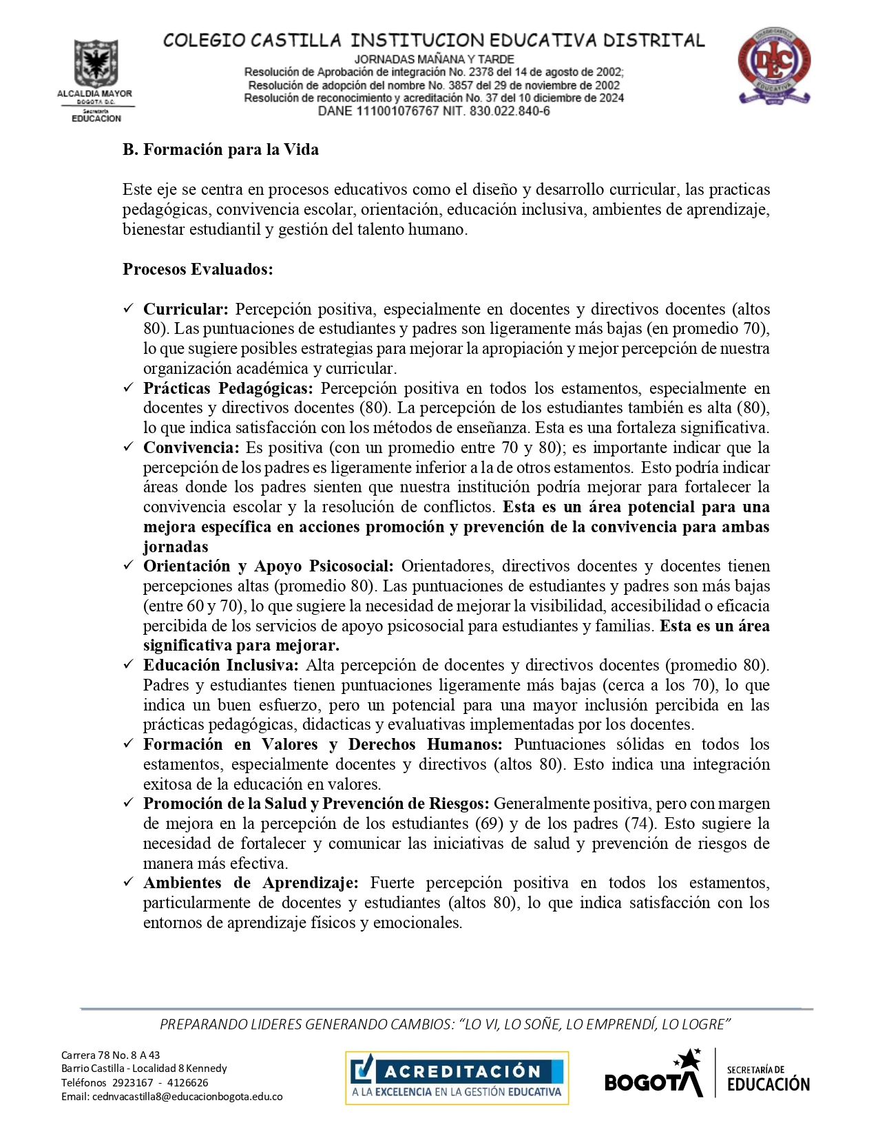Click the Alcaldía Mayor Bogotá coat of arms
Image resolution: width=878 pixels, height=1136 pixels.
pyautogui.click(x=96, y=63)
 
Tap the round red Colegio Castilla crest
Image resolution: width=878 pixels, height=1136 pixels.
pyautogui.click(x=774, y=65)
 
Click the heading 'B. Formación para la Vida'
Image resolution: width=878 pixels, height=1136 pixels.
pyautogui.click(x=220, y=149)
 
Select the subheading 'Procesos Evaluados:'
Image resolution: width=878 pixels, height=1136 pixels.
pyautogui.click(x=198, y=269)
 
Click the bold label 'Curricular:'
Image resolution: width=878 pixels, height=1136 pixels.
pyautogui.click(x=185, y=309)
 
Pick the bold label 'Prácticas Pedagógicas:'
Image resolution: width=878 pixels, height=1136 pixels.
pyautogui.click(x=228, y=388)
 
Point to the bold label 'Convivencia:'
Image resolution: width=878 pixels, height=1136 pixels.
pyautogui.click(x=191, y=448)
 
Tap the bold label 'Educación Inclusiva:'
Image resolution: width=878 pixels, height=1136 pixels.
pyautogui.click(x=220, y=665)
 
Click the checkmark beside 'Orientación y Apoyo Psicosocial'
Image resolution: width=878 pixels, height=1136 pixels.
pyautogui.click(x=128, y=566)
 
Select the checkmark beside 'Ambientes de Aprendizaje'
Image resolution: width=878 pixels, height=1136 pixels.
pyautogui.click(x=128, y=883)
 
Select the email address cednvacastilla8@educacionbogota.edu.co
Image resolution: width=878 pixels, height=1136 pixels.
pyautogui.click(x=187, y=1097)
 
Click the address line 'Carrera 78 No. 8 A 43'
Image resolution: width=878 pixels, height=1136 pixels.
pyautogui.click(x=110, y=1055)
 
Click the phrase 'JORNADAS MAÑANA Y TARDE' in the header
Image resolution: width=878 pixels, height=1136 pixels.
pyautogui.click(x=434, y=59)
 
